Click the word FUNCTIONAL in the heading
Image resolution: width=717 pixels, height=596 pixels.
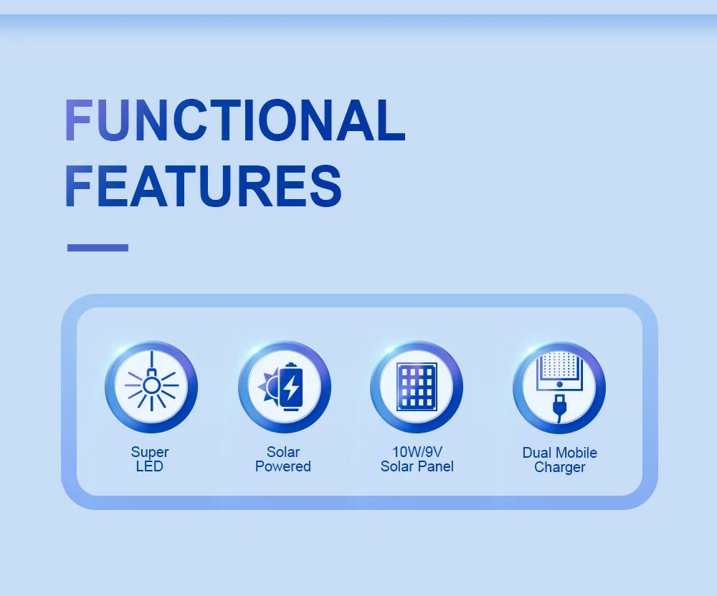tap(234, 120)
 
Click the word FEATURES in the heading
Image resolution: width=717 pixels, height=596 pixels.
tap(203, 186)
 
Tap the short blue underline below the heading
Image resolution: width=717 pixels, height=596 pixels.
tap(98, 248)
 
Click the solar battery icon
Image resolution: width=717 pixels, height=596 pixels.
tap(284, 387)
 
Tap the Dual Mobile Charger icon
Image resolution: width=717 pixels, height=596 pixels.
tap(559, 387)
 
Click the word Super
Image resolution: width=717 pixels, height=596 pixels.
tap(150, 452)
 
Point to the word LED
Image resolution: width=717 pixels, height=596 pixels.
tap(150, 466)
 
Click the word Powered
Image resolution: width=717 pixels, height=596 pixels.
tap(283, 466)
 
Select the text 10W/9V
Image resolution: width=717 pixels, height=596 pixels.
tap(417, 452)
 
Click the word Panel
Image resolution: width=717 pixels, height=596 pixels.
tap(437, 466)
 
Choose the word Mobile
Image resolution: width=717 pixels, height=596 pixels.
tap(576, 453)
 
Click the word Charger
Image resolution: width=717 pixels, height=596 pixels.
tap(560, 467)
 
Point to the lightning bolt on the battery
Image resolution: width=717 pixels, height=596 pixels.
tap(291, 388)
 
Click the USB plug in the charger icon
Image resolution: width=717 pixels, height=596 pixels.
tap(559, 410)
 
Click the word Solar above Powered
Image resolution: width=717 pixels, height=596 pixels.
tap(283, 452)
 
